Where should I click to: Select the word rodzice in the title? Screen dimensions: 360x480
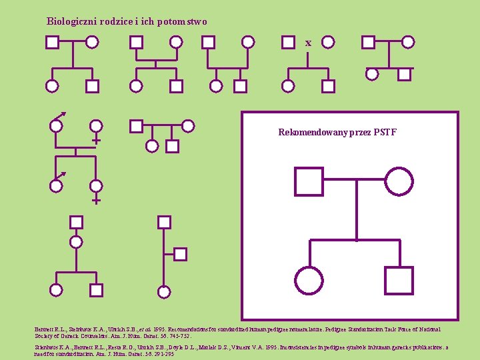(121, 21)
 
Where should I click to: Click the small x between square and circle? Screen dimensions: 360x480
(308, 43)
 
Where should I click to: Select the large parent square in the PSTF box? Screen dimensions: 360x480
(309, 181)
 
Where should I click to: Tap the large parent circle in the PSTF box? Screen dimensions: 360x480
(399, 181)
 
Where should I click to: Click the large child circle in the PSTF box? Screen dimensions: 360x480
(309, 280)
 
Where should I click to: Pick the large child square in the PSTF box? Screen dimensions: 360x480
(399, 280)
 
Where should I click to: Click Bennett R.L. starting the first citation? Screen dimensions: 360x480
(51, 329)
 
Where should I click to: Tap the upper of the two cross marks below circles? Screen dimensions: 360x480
(96, 141)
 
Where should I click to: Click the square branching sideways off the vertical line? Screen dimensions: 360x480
(180, 253)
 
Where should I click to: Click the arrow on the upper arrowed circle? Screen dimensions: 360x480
(62, 115)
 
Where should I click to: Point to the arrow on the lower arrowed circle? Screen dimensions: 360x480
(62, 175)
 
